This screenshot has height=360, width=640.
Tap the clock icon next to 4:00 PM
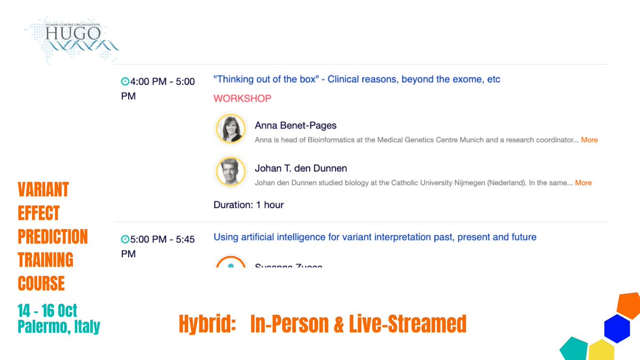(x=125, y=82)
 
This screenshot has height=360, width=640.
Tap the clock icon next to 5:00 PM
(x=125, y=239)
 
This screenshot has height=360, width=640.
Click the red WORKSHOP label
(x=242, y=98)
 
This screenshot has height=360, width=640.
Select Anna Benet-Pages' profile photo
(x=231, y=129)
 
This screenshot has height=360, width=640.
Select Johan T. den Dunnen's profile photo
(x=231, y=172)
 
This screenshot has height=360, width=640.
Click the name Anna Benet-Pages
(x=295, y=126)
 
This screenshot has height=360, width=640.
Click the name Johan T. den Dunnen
(x=301, y=169)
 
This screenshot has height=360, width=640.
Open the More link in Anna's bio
(x=589, y=140)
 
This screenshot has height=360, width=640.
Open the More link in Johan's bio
(x=583, y=182)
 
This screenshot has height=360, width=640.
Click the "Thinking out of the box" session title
(x=357, y=79)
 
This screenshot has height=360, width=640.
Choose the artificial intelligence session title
(x=375, y=237)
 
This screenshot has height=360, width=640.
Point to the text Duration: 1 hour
(x=249, y=205)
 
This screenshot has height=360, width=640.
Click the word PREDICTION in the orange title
(x=53, y=236)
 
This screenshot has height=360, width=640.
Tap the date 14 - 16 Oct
(x=47, y=310)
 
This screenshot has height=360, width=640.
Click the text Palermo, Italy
(x=59, y=326)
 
